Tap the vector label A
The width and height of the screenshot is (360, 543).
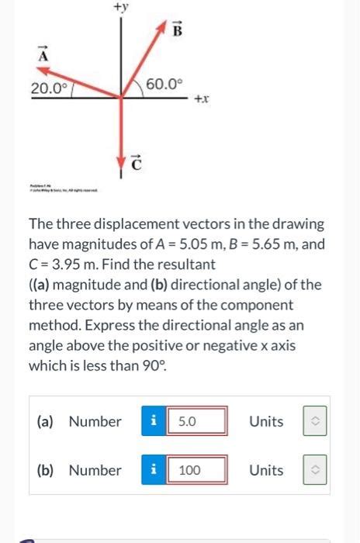[x=43, y=57]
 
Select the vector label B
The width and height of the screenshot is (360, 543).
[x=176, y=30]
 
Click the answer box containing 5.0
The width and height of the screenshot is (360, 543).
[x=199, y=422]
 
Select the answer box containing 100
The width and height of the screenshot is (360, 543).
[x=199, y=470]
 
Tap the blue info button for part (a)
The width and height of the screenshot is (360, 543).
[x=154, y=422]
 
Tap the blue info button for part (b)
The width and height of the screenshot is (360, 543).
[x=154, y=470]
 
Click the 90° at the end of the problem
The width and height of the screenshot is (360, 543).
[x=151, y=366]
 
